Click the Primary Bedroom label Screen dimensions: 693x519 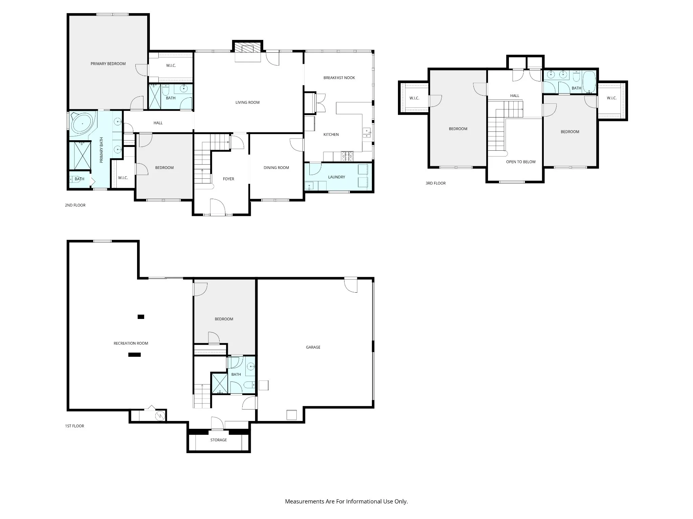(108, 64)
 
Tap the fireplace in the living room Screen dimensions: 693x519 (248, 48)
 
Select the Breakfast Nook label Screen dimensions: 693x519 (339, 78)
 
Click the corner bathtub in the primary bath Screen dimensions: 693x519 (81, 124)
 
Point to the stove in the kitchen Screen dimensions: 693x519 (347, 156)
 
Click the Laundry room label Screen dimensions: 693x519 (336, 177)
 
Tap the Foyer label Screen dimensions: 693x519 (228, 179)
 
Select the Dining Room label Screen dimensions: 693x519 (276, 168)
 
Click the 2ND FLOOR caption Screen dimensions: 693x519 (75, 205)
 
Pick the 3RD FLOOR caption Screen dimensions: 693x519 (435, 183)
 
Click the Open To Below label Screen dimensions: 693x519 (521, 162)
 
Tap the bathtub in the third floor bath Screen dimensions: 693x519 (589, 82)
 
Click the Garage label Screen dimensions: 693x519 (313, 347)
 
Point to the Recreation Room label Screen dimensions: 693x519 (131, 343)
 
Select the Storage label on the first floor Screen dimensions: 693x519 (219, 440)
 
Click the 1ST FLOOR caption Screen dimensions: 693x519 (74, 426)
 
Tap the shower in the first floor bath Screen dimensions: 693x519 (220, 383)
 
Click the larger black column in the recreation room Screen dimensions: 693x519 (134, 354)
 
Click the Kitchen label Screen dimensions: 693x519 (331, 134)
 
